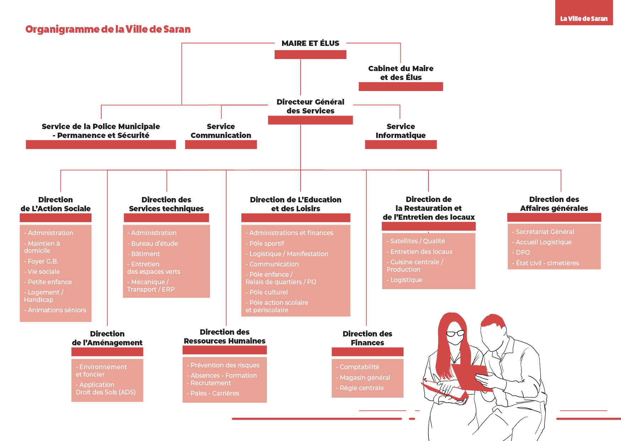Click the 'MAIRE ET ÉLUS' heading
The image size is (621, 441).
(x=310, y=43)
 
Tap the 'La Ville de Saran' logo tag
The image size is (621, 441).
(x=584, y=12)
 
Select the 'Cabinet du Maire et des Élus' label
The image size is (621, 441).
(x=401, y=73)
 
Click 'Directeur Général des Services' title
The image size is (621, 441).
(x=310, y=106)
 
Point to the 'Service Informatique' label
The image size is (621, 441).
(x=401, y=131)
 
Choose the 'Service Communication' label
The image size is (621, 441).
(x=221, y=131)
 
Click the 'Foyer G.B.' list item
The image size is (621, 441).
(x=41, y=261)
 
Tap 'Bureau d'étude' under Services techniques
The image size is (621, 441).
(x=152, y=244)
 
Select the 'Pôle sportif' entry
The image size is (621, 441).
(x=265, y=244)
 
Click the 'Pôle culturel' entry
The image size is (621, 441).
(x=266, y=292)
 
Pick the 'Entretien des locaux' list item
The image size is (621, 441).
(x=420, y=252)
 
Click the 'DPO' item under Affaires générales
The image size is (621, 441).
(x=521, y=253)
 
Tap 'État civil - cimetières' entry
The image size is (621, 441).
(x=545, y=263)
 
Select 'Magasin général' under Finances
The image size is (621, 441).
(x=363, y=378)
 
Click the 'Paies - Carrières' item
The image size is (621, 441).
(x=213, y=393)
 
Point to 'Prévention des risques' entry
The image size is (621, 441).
(x=223, y=365)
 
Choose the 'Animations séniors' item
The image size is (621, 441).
(x=55, y=310)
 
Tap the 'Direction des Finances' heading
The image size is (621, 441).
(x=367, y=338)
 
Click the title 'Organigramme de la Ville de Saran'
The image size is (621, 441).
(x=108, y=29)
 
